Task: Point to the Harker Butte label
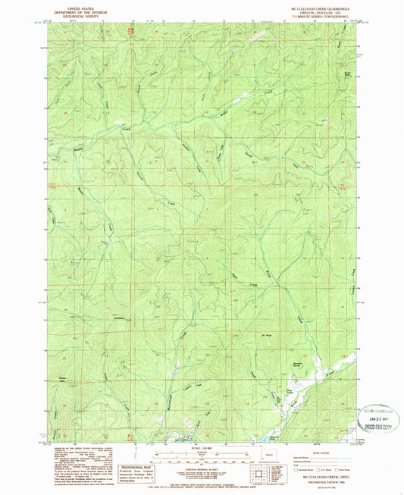coord(62,378)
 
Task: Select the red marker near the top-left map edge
coord(130,30)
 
